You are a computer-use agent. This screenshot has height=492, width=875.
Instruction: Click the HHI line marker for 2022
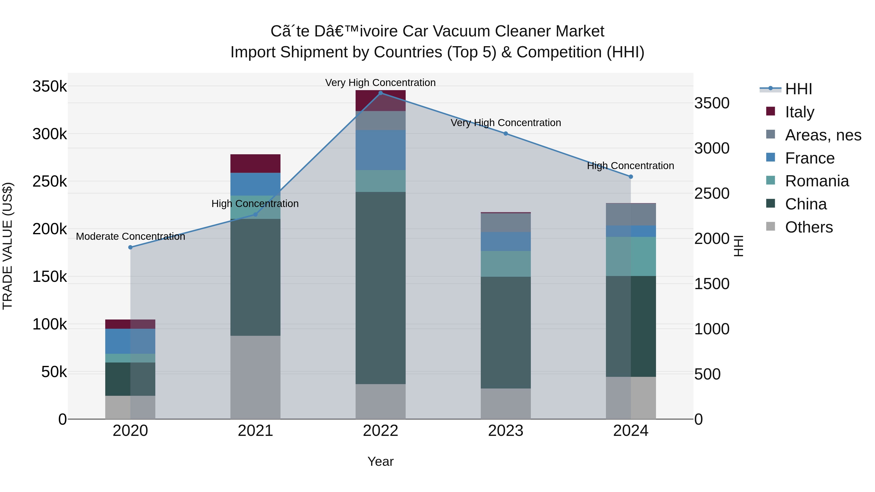coord(380,93)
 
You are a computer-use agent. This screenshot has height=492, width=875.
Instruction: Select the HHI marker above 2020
coord(131,247)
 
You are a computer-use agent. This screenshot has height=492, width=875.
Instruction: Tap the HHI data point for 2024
coord(631,177)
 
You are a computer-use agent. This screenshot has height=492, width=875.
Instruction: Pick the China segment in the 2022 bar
coord(380,288)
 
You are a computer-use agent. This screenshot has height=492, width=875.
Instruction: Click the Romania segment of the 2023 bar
coord(506,264)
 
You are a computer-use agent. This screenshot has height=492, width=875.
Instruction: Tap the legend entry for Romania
coord(817,181)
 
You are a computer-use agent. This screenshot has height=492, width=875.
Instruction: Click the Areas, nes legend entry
coord(823,135)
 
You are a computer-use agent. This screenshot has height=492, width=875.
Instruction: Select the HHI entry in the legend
coord(798,89)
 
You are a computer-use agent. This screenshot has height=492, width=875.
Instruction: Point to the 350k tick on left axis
coord(50,86)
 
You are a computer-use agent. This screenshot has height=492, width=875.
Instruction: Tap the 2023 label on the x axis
coord(506,431)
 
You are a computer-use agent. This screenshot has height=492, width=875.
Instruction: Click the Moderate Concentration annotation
coord(131,236)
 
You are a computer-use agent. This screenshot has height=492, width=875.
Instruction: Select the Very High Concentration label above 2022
coord(380,83)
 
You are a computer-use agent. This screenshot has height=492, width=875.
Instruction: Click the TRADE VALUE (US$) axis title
coord(8,246)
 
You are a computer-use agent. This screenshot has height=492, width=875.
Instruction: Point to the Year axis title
coord(380,461)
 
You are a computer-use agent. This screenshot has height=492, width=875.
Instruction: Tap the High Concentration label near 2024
coord(630,166)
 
